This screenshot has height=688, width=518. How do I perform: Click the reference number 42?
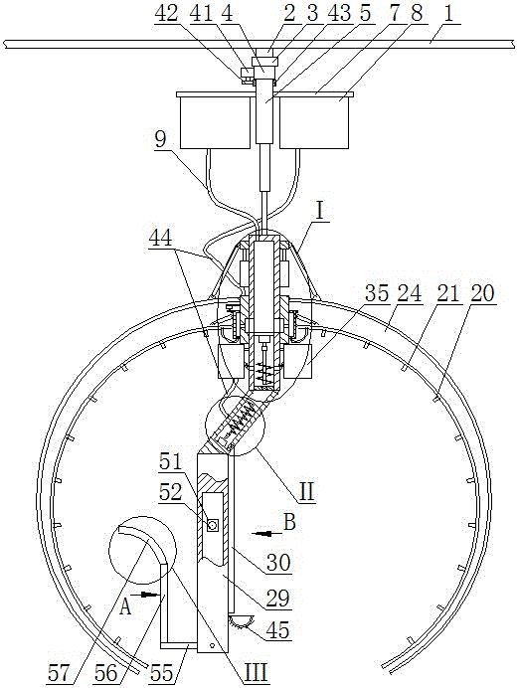click(166, 14)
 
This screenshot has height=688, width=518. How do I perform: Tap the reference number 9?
click(160, 140)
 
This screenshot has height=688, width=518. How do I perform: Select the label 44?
click(160, 240)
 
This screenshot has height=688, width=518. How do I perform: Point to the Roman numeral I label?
click(320, 211)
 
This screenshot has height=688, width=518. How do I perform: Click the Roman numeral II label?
click(305, 492)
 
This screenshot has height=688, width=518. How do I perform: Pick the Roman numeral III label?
click(256, 672)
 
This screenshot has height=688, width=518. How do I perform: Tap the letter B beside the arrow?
click(289, 522)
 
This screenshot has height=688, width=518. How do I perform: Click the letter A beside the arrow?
click(126, 607)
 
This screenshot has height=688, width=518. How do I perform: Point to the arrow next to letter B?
click(264, 534)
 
